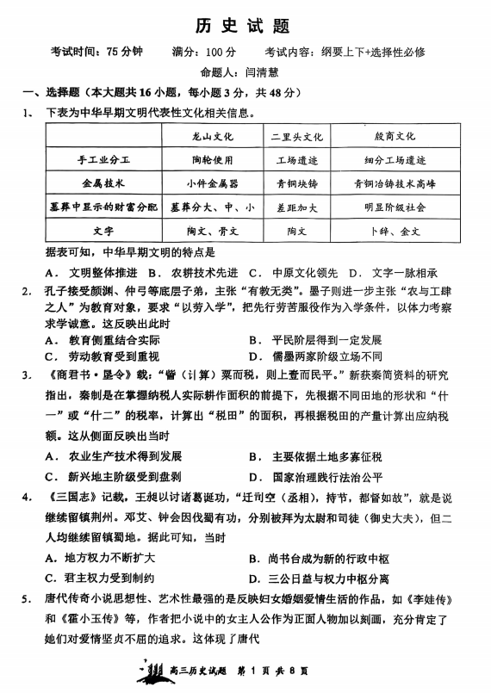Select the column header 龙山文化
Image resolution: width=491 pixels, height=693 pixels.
[x=212, y=136]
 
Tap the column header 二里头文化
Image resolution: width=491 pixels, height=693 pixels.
[x=295, y=136]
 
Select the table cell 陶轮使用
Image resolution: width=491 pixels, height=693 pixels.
[x=212, y=160]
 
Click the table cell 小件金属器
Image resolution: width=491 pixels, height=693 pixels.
[x=212, y=183]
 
